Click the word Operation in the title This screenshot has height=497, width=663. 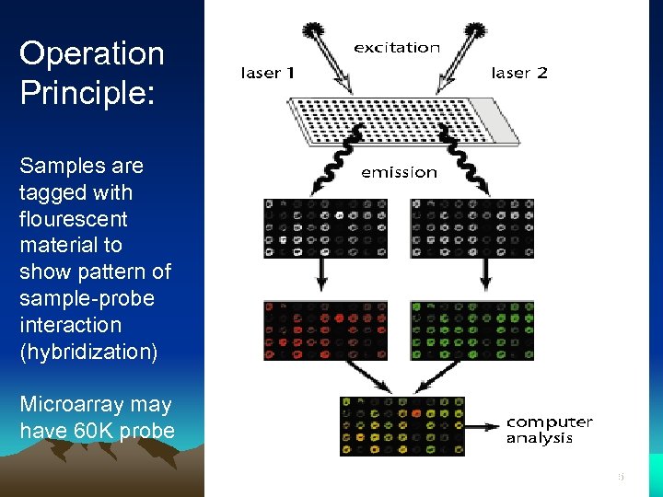91,53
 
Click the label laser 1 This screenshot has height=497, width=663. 267,73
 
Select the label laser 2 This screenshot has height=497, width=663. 519,73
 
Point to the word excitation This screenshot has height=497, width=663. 397,47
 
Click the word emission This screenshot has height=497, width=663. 399,172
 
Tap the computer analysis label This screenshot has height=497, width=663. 549,430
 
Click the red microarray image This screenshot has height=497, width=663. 325,329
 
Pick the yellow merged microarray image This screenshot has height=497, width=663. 401,426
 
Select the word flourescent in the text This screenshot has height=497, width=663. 73,219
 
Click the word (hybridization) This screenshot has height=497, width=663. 88,352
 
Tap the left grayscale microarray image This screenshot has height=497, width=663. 325,227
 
